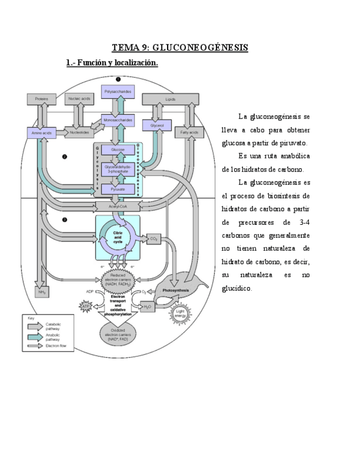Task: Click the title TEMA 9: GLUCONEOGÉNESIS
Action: click(x=180, y=48)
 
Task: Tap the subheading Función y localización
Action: click(x=112, y=64)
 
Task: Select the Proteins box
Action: click(x=41, y=99)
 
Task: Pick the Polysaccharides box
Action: click(x=118, y=92)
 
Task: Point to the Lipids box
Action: click(x=170, y=99)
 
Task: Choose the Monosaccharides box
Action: click(x=118, y=120)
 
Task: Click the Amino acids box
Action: click(x=41, y=132)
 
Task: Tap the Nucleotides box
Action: click(x=79, y=132)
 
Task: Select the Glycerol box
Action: click(x=153, y=126)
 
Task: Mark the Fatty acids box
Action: click(x=189, y=132)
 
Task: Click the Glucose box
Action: click(x=118, y=149)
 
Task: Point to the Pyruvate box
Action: click(x=118, y=188)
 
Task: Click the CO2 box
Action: click(x=153, y=238)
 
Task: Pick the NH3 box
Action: click(x=41, y=292)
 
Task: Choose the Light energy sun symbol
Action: click(x=180, y=313)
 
